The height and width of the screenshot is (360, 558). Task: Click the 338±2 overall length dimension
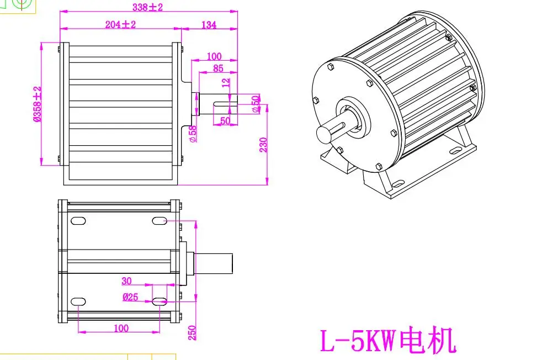point(147,7)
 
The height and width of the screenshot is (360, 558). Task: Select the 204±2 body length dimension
point(120,24)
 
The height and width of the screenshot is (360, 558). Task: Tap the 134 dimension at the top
point(209,24)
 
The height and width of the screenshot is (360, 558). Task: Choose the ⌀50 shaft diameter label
point(255,104)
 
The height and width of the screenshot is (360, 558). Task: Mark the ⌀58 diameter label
point(193,134)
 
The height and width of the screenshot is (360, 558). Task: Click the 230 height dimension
point(263,145)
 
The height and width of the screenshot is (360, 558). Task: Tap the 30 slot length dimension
point(126,281)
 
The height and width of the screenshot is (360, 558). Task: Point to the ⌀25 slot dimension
point(130,297)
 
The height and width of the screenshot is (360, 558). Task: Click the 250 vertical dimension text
point(192,332)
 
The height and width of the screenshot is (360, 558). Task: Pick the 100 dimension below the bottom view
point(121,328)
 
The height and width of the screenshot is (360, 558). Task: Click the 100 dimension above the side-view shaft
point(214,56)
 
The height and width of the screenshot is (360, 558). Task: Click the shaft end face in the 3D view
point(323,135)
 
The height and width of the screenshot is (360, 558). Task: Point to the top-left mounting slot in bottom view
point(78,221)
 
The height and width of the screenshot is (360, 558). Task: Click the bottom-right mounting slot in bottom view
point(160,301)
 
